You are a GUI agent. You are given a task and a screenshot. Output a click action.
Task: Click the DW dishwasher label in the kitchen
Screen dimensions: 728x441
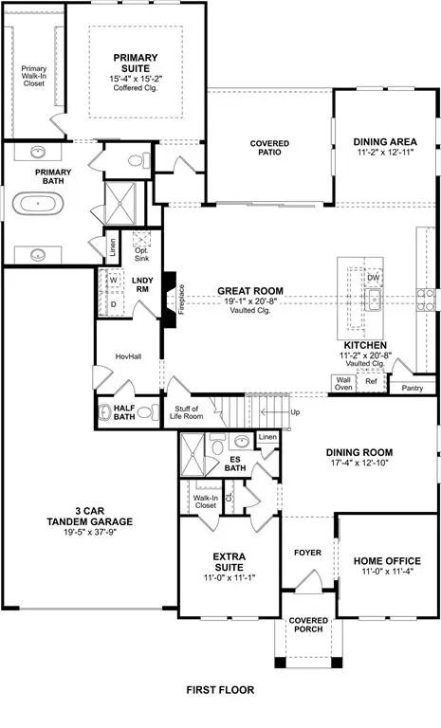point(375,278)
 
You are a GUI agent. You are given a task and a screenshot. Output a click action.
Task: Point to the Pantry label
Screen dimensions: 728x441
point(412,388)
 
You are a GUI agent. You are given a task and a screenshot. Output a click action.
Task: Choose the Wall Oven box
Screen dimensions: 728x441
point(342,383)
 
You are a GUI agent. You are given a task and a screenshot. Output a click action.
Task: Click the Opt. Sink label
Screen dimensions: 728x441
point(141,253)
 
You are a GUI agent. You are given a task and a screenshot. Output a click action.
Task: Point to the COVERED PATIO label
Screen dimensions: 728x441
point(269,148)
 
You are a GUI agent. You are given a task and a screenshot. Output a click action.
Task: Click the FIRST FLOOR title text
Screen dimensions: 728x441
point(220,691)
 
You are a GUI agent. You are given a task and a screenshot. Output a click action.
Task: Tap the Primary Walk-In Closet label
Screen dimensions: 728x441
point(33,75)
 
